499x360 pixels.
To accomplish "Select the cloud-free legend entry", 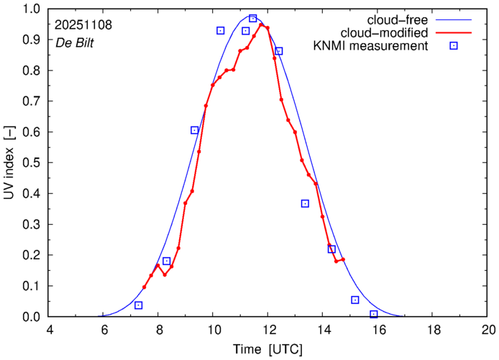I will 402,19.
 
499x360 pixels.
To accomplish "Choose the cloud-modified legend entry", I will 393,32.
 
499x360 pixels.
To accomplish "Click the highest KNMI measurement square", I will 253,19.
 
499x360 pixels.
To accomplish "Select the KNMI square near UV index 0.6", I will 195,130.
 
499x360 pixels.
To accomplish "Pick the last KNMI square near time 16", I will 374,314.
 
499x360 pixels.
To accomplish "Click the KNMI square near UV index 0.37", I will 305,203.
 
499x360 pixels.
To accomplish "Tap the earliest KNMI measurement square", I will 138,305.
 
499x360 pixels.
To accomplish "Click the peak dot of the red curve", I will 262,25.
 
